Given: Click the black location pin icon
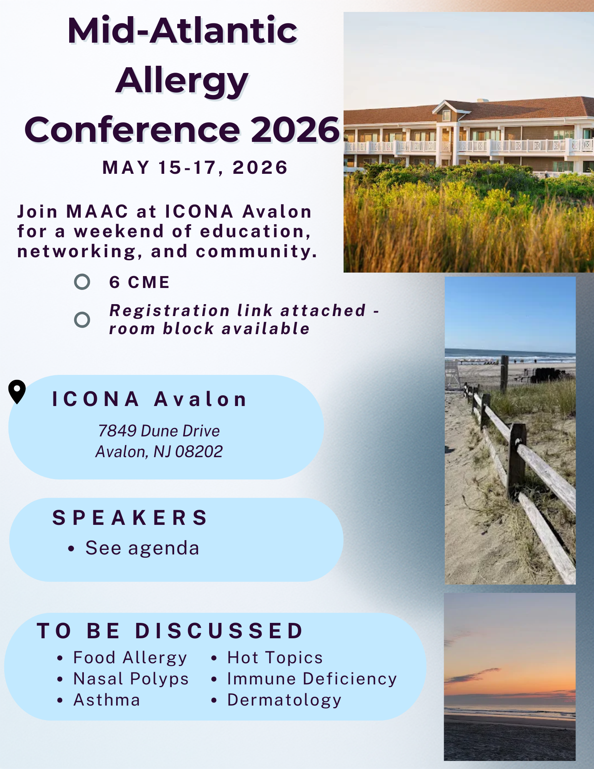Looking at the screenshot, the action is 17,391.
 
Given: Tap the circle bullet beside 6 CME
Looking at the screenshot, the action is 82,282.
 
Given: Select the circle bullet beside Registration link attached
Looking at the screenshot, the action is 82,320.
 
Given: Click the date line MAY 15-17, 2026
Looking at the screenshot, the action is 195,168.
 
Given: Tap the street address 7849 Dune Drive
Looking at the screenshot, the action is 159,431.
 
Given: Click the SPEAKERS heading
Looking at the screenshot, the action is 130,518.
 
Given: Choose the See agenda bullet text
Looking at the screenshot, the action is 142,548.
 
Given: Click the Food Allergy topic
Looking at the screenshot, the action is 130,658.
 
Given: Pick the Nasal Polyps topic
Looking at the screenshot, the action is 131,679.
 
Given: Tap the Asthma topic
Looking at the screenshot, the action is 107,700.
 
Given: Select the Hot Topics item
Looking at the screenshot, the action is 275,658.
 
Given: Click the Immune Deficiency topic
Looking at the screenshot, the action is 312,679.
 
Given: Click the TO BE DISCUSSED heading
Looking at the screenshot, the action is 170,631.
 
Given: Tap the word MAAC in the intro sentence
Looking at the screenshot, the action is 97,211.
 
